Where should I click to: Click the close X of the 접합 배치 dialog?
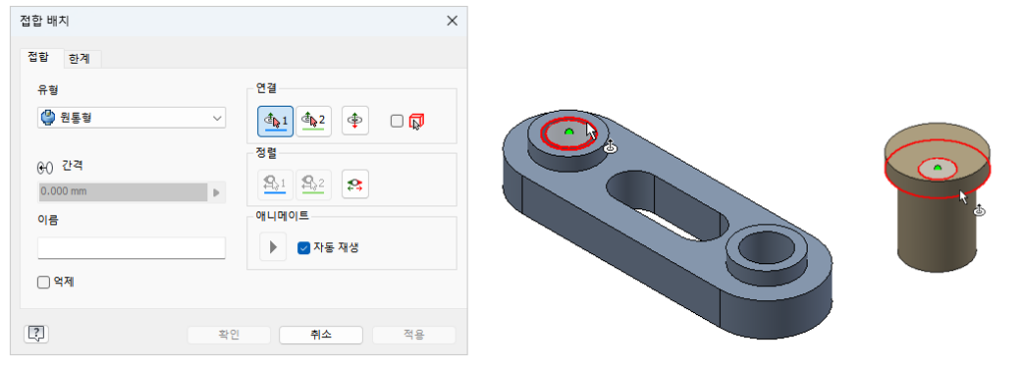[x=452, y=21]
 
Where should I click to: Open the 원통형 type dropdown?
[x=132, y=119]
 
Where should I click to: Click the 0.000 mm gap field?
[x=123, y=191]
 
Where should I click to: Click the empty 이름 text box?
[x=132, y=248]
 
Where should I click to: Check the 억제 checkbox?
[x=44, y=282]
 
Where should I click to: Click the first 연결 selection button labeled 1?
[x=275, y=121]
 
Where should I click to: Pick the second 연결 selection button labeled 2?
[x=314, y=121]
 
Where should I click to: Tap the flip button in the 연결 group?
[x=355, y=121]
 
